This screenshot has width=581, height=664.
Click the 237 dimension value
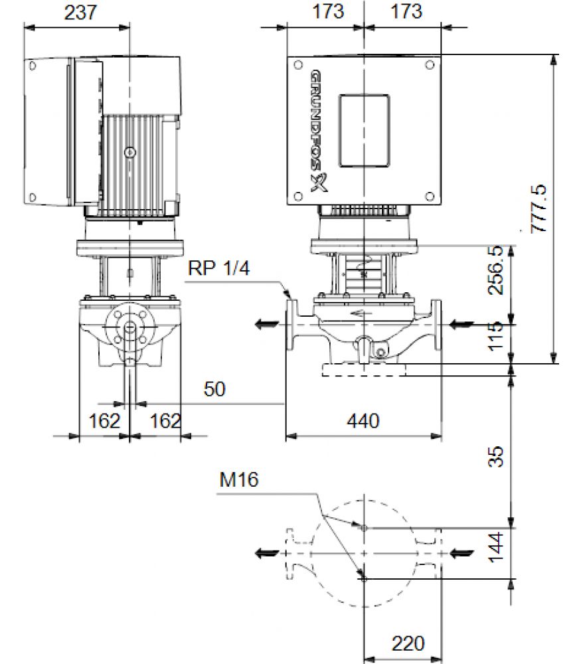80,12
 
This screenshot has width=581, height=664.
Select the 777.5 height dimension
539,208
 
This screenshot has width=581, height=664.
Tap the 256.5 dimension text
496,270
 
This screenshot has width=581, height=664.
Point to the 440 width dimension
363,421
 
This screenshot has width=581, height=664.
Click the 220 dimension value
408,643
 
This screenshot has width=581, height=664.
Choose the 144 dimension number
496,548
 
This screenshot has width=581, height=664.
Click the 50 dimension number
214,389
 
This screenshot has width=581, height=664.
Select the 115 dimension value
496,336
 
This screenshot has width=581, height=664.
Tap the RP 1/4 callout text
219,268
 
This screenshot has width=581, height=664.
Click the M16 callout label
239,480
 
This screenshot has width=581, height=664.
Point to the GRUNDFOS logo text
319,131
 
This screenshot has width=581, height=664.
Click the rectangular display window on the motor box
364,130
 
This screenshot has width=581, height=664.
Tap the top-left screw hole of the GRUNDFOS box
298,65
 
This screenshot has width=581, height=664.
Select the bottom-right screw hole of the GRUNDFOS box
430,197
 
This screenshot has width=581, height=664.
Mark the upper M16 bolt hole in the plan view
364,528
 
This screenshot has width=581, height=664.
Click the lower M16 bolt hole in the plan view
364,578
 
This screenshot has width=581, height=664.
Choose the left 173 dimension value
328,11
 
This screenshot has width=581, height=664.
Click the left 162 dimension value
104,421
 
